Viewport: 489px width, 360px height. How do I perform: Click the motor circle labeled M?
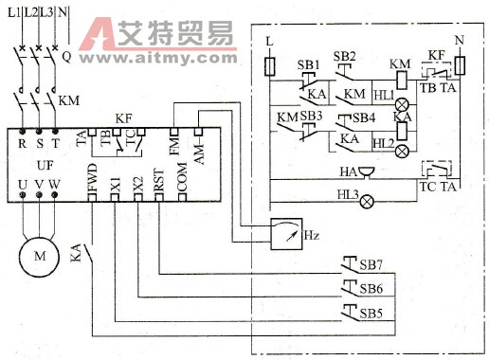coord(39,257)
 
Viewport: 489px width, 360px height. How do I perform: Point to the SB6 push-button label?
coord(371,286)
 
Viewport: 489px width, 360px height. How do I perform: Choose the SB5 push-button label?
coord(371,312)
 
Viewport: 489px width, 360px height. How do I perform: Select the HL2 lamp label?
coord(383,142)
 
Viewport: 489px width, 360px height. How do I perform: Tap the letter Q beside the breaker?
coord(66,56)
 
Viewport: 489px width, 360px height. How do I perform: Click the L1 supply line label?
coord(13,11)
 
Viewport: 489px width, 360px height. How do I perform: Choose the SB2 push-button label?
coord(345,56)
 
